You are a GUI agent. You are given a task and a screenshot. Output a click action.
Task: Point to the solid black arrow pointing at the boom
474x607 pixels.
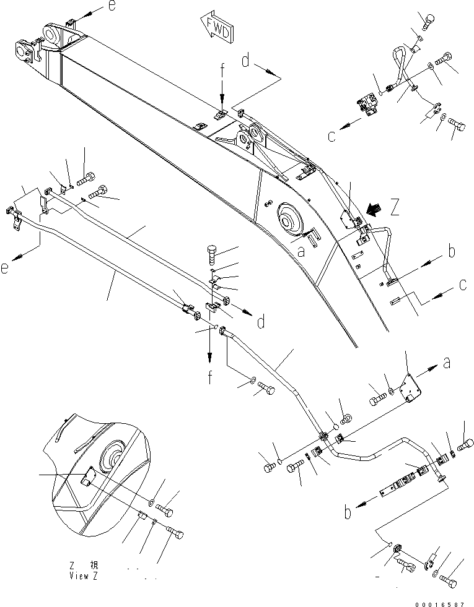[x=374, y=212]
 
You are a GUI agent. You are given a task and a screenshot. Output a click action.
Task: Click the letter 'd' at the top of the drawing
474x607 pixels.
[x=247, y=61]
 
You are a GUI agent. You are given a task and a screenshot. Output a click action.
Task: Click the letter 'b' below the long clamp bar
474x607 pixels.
[x=349, y=512]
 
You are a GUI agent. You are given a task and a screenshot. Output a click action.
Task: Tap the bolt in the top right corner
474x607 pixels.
[x=428, y=22]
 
